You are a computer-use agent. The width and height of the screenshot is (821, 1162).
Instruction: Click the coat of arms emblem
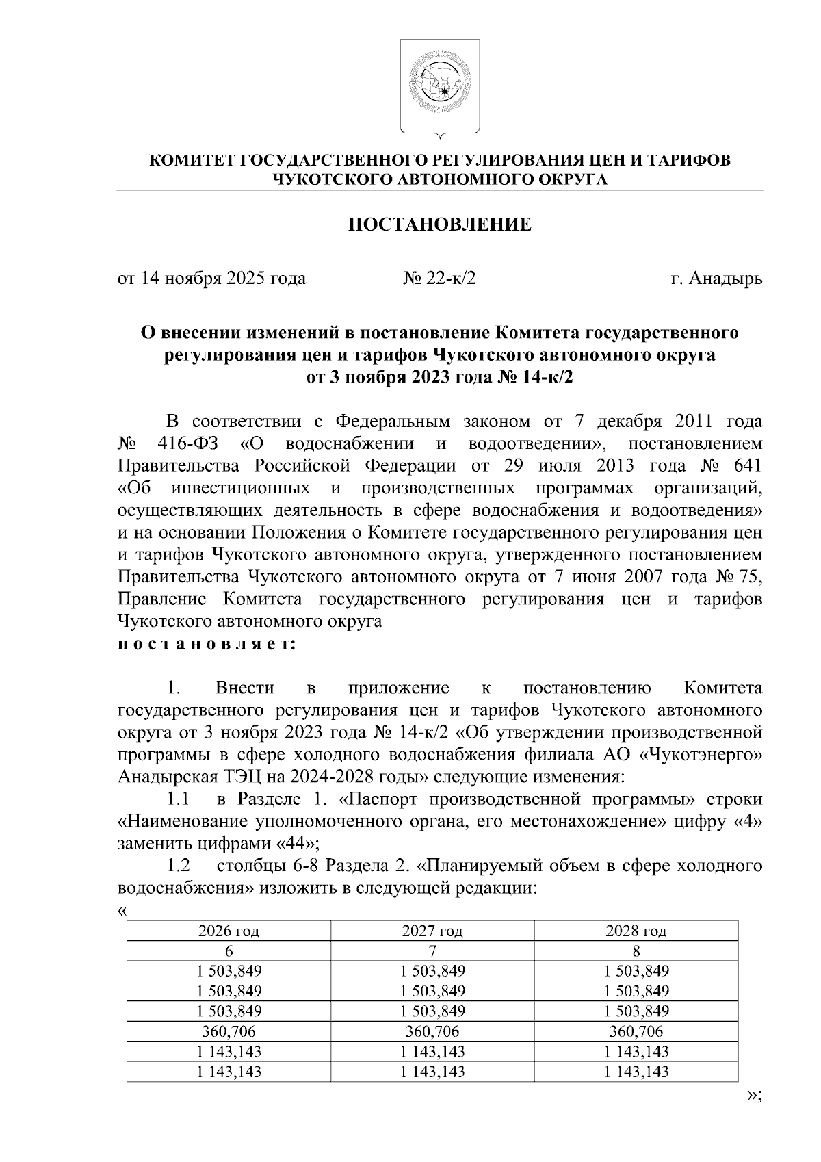(439, 88)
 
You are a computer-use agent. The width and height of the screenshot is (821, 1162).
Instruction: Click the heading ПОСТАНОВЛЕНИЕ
(440, 225)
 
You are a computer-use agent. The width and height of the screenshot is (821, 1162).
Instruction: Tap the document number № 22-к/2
(439, 279)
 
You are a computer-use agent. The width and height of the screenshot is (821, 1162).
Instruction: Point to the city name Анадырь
(727, 279)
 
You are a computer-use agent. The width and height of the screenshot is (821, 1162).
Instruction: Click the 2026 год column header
(229, 931)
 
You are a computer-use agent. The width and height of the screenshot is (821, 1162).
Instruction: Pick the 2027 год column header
(432, 931)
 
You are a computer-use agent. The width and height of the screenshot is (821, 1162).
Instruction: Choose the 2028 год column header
(636, 931)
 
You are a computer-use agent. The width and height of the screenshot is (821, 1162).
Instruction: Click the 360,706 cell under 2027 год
(432, 1031)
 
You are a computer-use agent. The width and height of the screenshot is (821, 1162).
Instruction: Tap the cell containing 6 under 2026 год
(229, 951)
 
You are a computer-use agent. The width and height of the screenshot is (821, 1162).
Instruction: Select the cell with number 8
(636, 951)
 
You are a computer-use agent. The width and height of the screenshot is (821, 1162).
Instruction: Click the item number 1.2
(178, 866)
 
